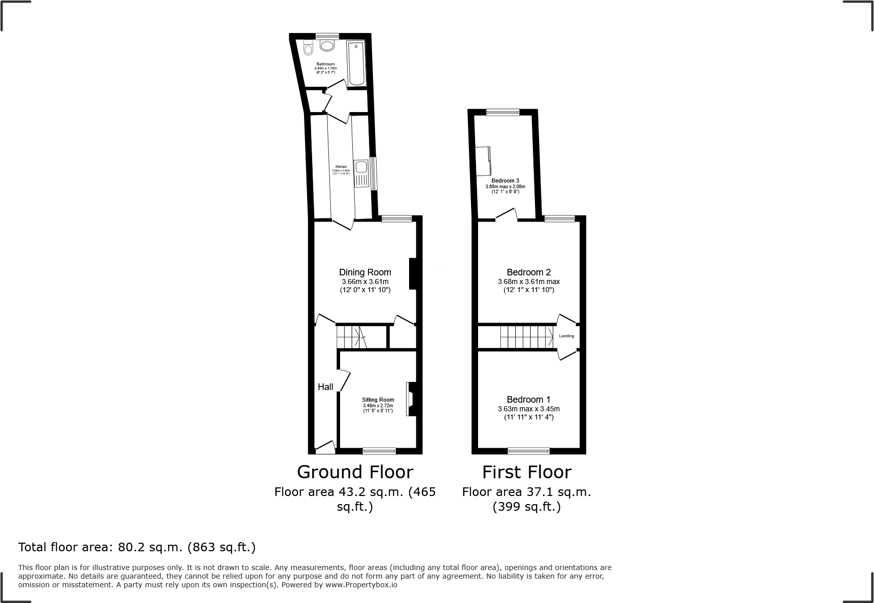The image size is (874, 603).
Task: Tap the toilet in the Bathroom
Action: point(308,49)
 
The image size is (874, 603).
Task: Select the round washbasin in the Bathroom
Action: point(327,46)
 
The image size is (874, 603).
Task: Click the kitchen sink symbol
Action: point(361,167)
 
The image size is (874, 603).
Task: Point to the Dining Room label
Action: point(365,272)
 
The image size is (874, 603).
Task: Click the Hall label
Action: point(325,387)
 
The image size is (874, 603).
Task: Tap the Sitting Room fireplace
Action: point(411,399)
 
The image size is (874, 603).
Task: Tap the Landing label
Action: point(566,336)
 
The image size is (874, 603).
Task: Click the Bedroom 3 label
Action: point(505,181)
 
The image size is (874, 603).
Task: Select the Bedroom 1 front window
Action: point(528,450)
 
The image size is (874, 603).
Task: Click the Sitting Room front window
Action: point(379,450)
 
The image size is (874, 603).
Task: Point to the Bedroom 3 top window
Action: point(502,113)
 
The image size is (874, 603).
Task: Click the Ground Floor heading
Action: point(355,472)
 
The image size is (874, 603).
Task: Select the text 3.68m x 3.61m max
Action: point(528,281)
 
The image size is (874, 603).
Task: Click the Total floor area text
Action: point(137,547)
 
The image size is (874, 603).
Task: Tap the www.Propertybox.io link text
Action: point(361,585)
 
